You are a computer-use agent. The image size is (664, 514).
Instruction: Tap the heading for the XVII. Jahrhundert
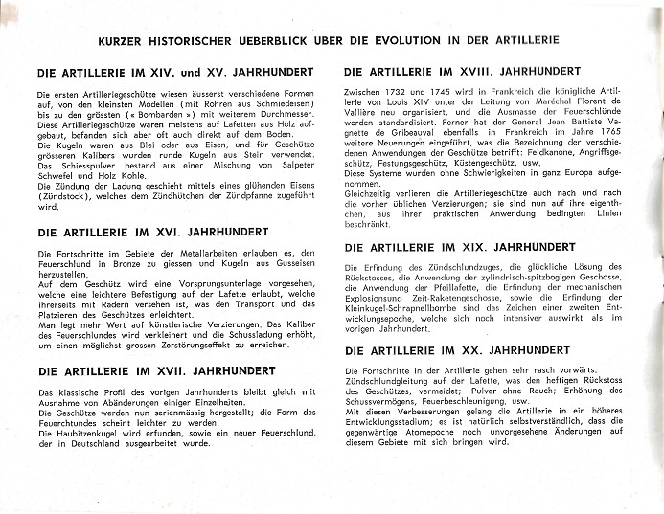point(156,370)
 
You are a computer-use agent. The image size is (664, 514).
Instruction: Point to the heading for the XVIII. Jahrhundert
point(461,72)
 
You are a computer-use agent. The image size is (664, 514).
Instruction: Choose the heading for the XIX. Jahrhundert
point(459,247)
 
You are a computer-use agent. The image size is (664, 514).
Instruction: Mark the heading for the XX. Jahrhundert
point(456,350)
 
